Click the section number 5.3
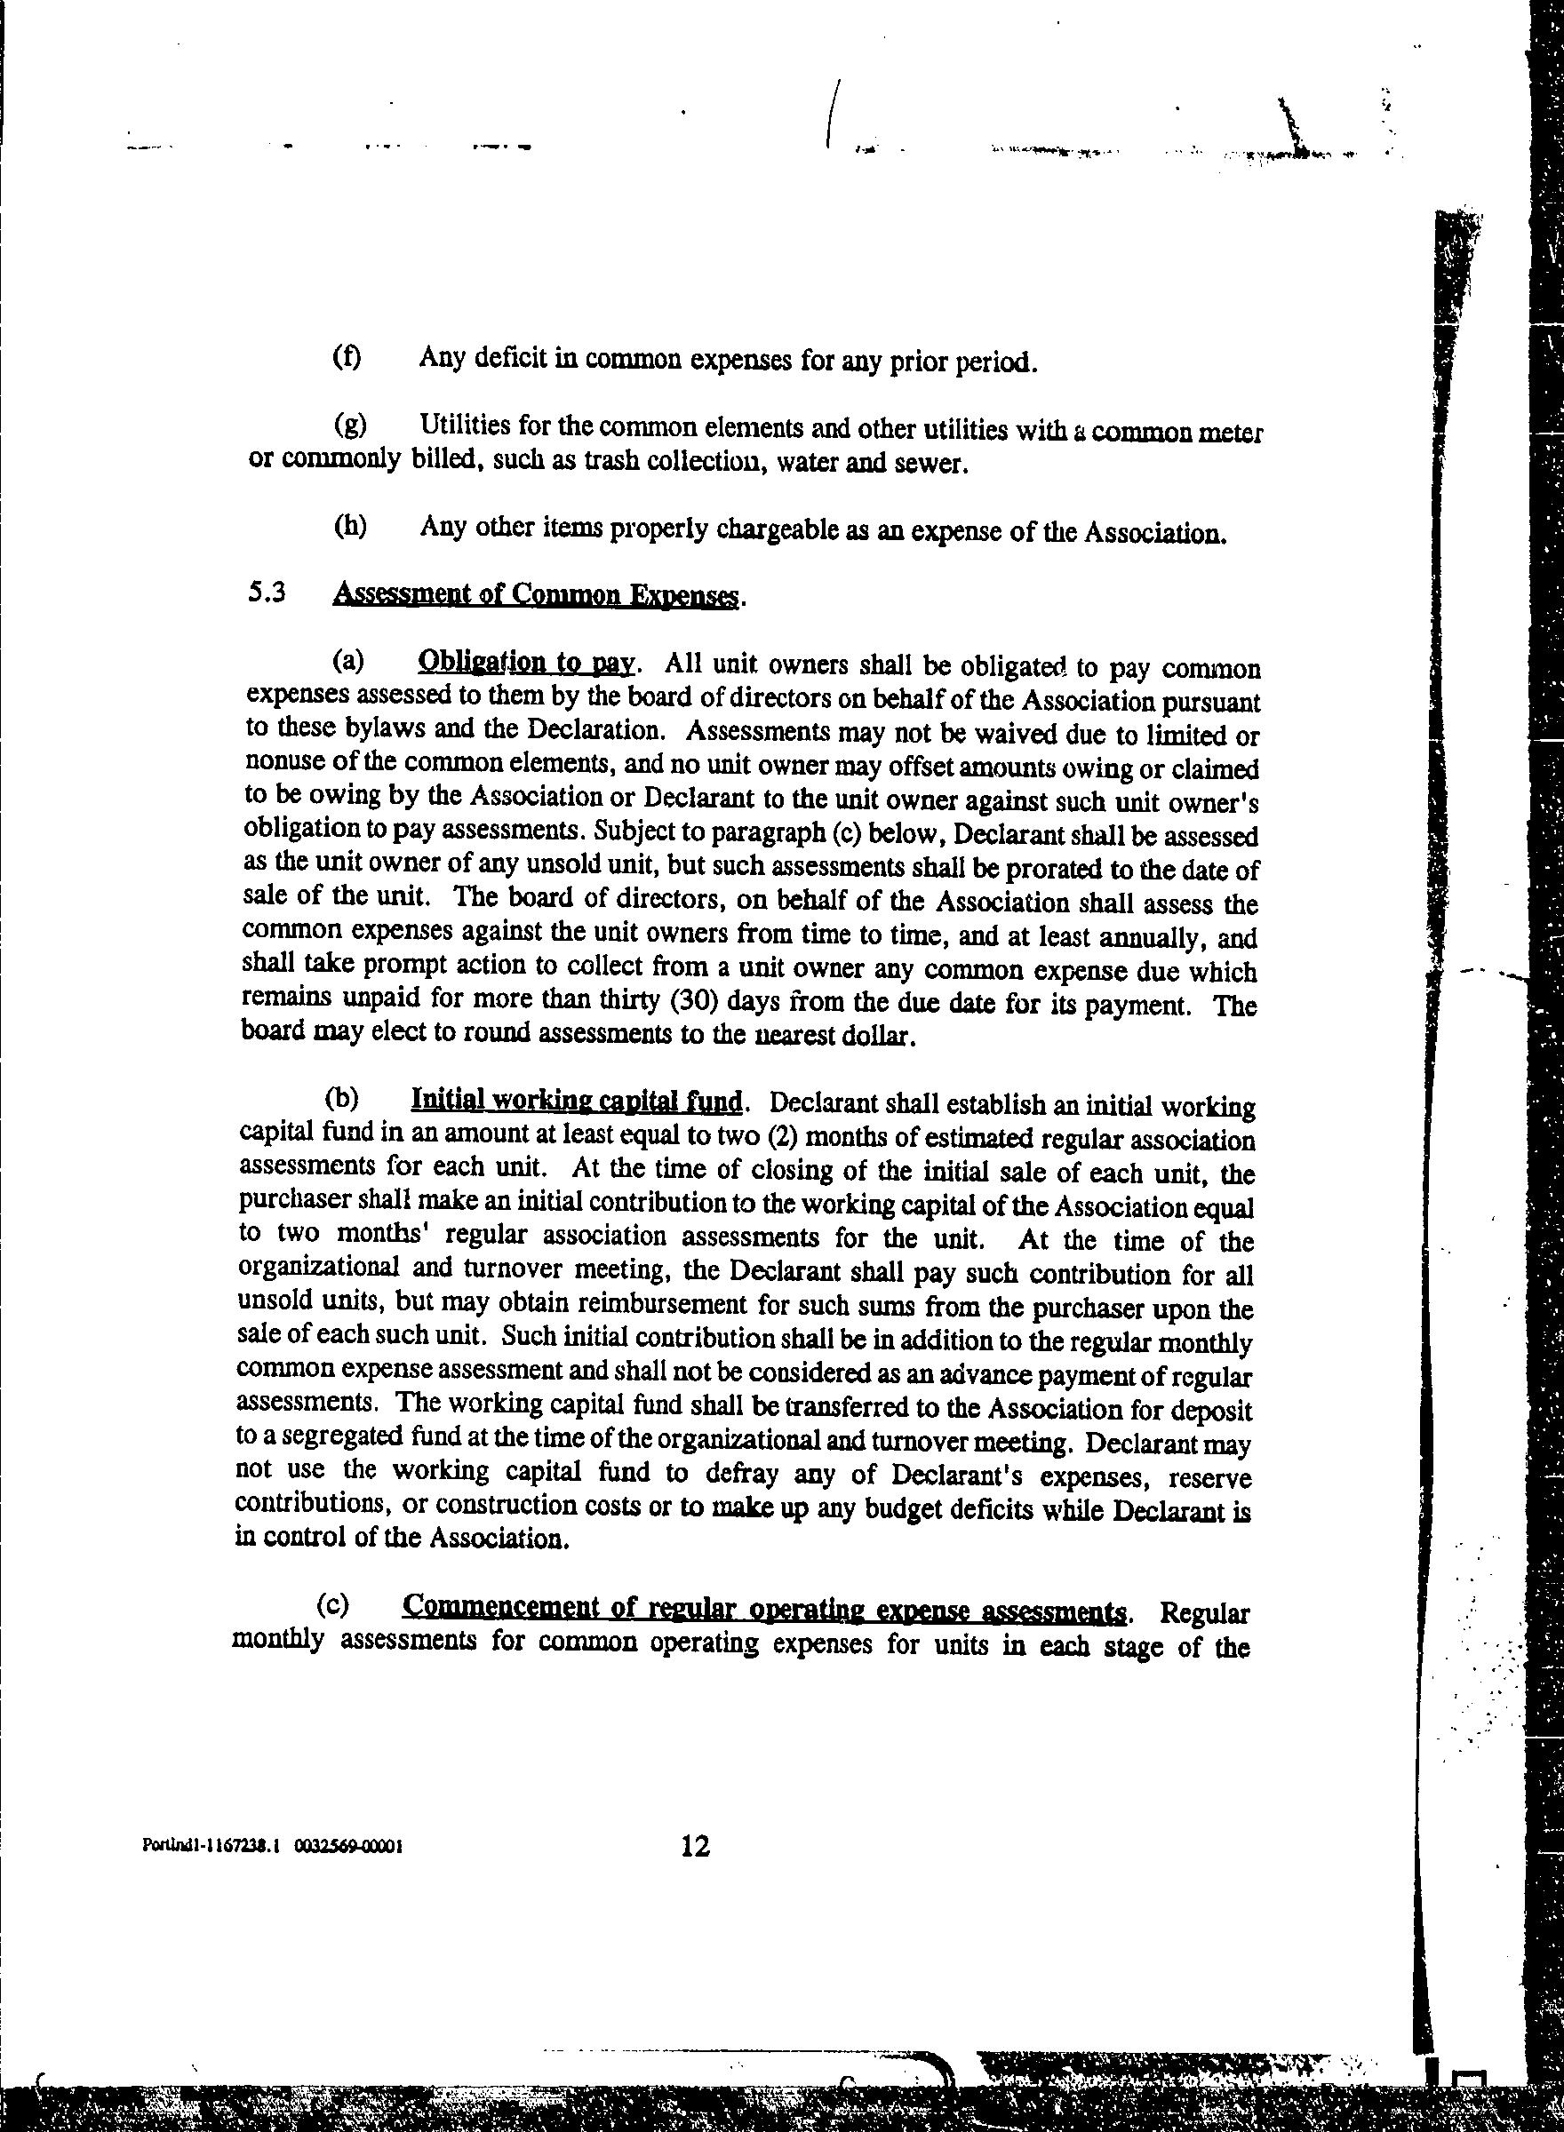coord(267,593)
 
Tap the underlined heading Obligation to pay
coord(525,662)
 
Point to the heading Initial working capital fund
coord(578,1100)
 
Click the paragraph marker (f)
coord(347,358)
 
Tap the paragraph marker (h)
coord(350,525)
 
